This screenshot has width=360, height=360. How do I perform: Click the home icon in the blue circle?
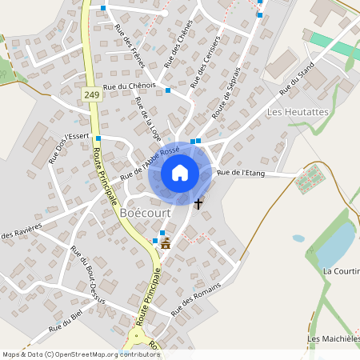[x=180, y=173]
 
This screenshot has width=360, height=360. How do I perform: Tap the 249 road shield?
[x=90, y=94]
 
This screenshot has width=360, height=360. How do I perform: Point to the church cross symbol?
[x=198, y=203]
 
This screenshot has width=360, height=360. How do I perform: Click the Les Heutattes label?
[x=298, y=112]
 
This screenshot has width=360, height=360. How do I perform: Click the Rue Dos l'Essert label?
[x=67, y=147]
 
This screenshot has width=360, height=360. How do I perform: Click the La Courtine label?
[x=342, y=271]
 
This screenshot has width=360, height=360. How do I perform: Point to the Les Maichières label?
[x=334, y=339]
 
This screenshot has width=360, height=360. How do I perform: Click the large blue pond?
[x=336, y=245]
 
